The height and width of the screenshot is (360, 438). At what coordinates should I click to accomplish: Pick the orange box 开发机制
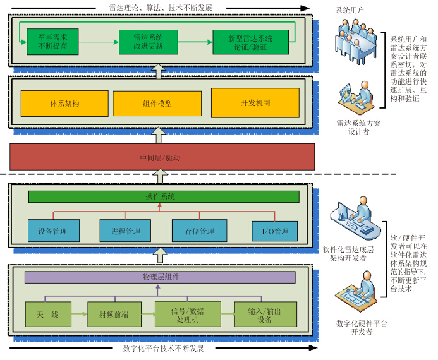click(x=255, y=102)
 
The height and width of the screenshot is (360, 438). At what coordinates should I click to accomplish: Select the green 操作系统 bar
click(x=163, y=196)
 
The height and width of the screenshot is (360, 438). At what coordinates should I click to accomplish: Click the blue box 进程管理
click(x=125, y=231)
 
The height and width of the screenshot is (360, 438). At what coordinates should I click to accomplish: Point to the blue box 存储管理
click(x=199, y=231)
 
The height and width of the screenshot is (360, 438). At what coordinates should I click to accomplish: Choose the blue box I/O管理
click(x=274, y=231)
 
